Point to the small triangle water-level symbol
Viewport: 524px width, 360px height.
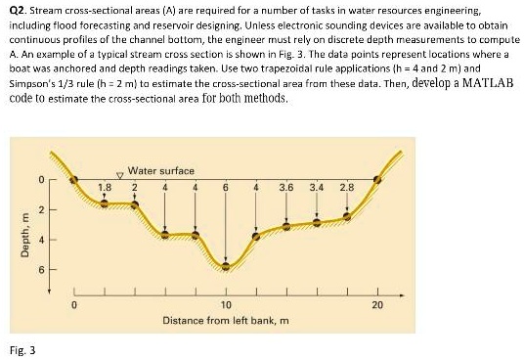120,174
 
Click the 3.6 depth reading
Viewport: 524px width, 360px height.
286,186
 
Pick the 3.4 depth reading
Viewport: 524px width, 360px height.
317,186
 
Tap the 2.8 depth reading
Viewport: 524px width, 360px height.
347,186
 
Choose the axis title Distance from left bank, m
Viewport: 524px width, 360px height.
226,320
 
